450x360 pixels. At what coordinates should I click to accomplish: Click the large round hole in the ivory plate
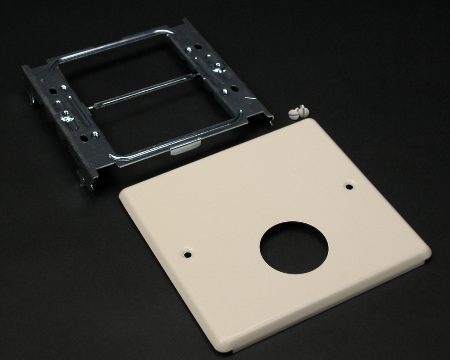[294, 248]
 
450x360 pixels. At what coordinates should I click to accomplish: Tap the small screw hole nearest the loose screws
[349, 187]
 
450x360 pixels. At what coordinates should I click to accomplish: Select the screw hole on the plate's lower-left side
[188, 254]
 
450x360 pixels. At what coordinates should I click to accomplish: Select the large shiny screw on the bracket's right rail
[217, 66]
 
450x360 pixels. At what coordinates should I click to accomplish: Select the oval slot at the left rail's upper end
[53, 91]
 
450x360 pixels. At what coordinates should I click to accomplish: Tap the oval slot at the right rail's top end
[198, 46]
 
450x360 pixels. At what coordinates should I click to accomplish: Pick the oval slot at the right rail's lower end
[235, 89]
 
